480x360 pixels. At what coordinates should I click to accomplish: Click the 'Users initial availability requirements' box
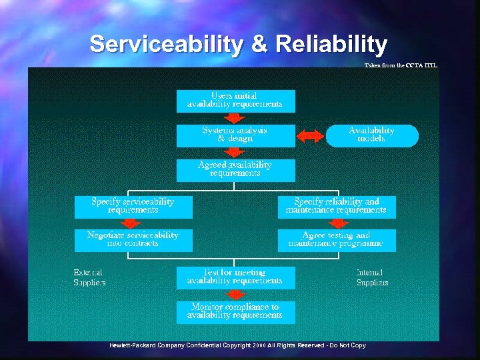(x=235, y=101)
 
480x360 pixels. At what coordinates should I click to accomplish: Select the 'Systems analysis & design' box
(x=235, y=135)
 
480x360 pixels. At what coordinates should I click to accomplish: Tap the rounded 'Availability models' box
(x=372, y=135)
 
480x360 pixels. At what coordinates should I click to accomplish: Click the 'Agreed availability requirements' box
(x=235, y=170)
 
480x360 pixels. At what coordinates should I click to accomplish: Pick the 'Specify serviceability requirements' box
(x=133, y=207)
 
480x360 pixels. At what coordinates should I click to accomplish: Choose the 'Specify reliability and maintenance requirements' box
(x=337, y=207)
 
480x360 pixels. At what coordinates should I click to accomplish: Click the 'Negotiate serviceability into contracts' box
(x=133, y=240)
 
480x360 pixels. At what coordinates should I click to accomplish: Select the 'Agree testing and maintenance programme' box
(x=337, y=240)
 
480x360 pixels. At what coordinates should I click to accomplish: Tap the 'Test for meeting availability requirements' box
(x=235, y=277)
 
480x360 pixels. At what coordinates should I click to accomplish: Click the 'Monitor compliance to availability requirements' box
(x=235, y=311)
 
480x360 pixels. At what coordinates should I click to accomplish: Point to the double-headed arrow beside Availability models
(x=310, y=136)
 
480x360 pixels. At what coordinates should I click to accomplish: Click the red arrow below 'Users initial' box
(x=235, y=118)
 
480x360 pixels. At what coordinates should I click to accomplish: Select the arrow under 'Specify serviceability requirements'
(x=133, y=223)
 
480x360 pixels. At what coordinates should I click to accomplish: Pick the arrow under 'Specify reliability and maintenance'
(x=337, y=223)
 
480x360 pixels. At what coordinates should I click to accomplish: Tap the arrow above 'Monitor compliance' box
(x=235, y=294)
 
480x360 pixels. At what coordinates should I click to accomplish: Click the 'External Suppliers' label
(x=89, y=277)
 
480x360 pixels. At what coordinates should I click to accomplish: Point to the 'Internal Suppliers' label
(x=372, y=277)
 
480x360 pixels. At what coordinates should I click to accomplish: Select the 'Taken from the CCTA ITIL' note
(x=401, y=65)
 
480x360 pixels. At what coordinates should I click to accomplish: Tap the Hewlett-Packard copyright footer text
(x=238, y=345)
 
